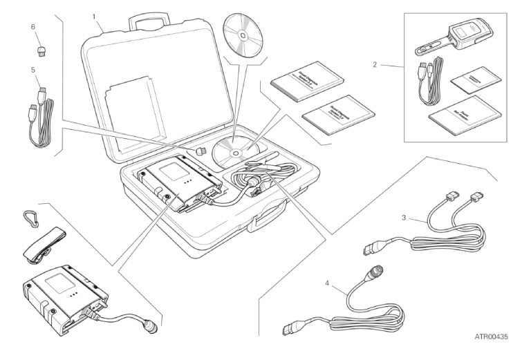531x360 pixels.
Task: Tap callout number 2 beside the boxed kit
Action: click(375, 65)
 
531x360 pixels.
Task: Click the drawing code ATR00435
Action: click(491, 337)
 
